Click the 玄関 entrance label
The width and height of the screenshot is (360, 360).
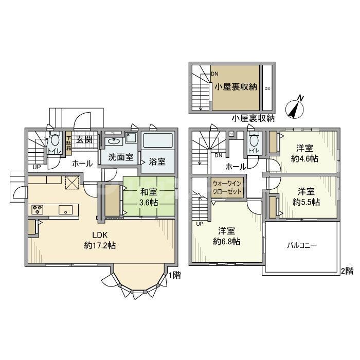84,139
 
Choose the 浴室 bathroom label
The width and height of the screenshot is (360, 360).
157,161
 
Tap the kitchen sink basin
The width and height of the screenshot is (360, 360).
65,209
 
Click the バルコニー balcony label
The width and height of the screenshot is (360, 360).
301,246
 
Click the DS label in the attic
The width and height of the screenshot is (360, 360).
267,88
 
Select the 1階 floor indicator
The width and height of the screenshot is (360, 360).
175,275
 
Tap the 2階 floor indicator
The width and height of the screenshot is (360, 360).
347,271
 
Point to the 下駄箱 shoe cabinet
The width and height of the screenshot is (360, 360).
68,141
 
